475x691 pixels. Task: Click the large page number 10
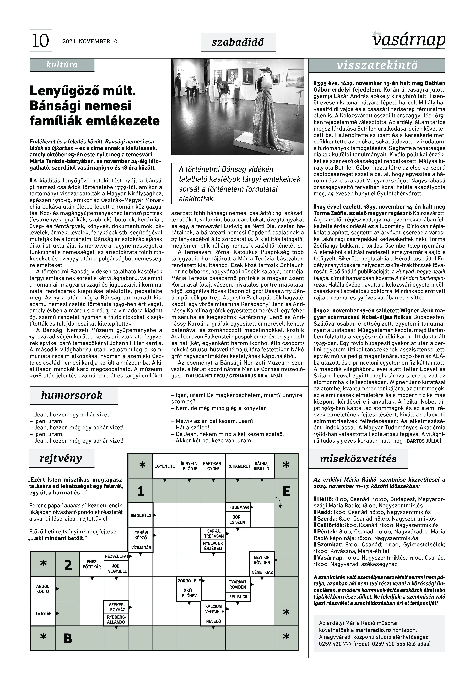point(40,41)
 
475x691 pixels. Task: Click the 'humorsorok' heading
point(72,395)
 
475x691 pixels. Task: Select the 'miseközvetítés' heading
point(358,459)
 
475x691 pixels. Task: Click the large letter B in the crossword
point(68,638)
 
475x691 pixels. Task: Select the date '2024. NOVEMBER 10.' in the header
point(90,41)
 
